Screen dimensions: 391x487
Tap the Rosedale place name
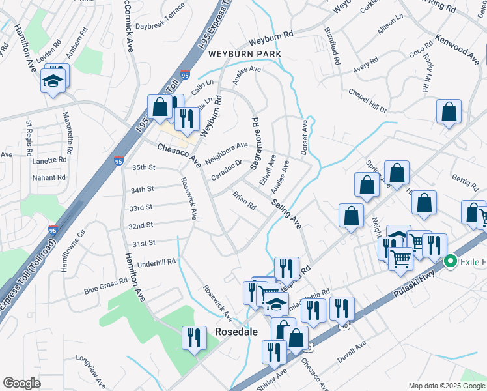coord(236,332)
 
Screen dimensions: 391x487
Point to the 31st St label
coord(144,243)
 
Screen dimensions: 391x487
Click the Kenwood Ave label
coord(457,48)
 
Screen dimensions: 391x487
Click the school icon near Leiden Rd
coord(53,81)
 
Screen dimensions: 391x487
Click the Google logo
coord(21,383)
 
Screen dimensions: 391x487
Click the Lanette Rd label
coord(50,159)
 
